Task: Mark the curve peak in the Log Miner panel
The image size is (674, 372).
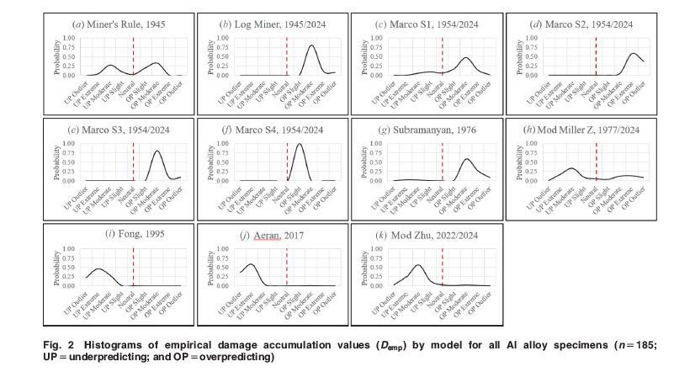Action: [x=312, y=45]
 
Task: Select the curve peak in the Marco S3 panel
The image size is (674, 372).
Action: [x=157, y=151]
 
